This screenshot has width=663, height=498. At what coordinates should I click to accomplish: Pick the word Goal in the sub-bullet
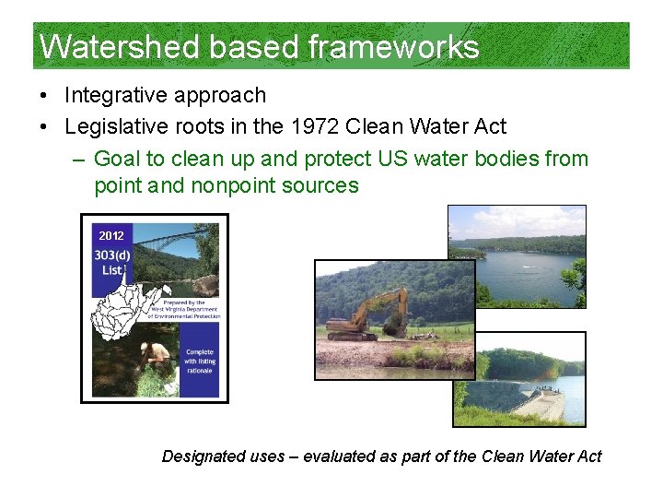(118, 159)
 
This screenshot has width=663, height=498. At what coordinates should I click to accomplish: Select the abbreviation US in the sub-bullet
(393, 159)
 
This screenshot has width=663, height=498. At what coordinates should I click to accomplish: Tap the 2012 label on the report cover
(111, 236)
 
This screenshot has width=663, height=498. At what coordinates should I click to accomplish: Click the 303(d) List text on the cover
(112, 262)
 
